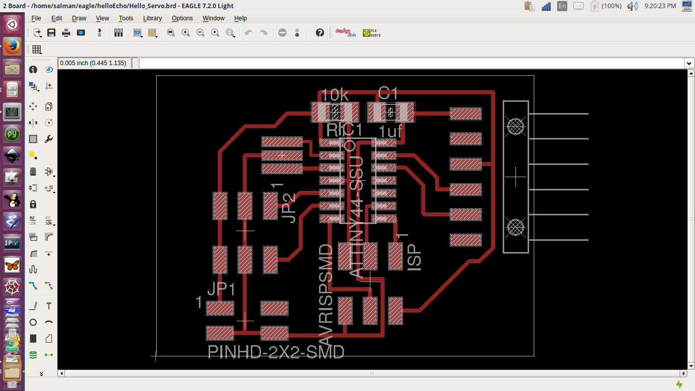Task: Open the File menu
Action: (36, 18)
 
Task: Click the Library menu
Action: (152, 18)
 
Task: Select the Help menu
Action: (240, 18)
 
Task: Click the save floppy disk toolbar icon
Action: (51, 33)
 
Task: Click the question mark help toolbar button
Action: (320, 33)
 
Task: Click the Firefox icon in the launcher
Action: (12, 47)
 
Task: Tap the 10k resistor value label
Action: (335, 95)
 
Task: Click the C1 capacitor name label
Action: (388, 93)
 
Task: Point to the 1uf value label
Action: (390, 132)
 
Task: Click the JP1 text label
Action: (221, 289)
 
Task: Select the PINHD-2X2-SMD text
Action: (276, 352)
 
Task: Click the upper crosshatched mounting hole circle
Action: (516, 126)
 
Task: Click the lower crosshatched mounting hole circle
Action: (516, 227)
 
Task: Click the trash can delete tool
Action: (33, 172)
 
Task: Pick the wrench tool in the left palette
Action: (49, 139)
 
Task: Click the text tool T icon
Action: (49, 306)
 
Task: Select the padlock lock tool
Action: (33, 204)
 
